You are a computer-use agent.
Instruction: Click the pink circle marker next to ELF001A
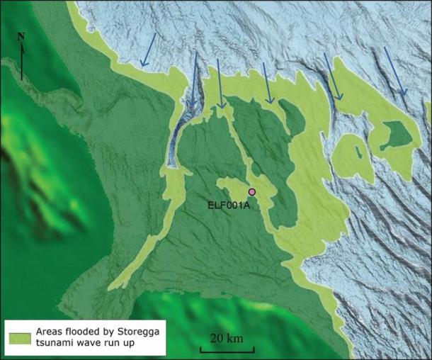[x=252, y=192]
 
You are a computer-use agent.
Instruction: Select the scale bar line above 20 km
[x=222, y=348]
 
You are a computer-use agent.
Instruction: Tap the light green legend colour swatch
[x=19, y=332]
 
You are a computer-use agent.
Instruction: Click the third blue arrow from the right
[x=268, y=83]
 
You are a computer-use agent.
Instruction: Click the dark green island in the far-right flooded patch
[x=393, y=135]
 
